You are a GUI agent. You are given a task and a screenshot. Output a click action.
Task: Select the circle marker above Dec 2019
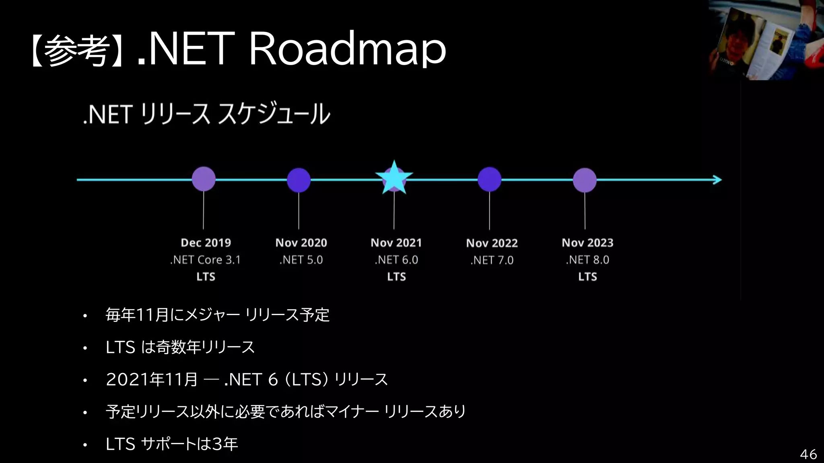point(204,179)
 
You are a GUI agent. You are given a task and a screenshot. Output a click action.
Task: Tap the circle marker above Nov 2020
point(299,180)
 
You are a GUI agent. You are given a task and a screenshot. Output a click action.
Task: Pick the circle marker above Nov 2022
point(489,179)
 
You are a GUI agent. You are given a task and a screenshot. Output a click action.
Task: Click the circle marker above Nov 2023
point(585,180)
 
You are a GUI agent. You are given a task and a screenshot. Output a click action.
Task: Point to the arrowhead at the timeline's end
point(718,180)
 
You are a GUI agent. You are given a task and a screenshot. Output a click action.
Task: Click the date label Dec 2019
point(206,243)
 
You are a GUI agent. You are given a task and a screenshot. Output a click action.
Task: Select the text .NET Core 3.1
point(205,260)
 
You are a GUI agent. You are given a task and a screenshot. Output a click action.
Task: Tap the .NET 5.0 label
point(301,260)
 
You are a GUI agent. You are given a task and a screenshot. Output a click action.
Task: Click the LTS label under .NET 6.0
point(396,277)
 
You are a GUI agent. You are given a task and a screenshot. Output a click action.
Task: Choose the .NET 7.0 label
point(492,260)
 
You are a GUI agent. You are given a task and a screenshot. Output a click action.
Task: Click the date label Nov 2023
point(587,243)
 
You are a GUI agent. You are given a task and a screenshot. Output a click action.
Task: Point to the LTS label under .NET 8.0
point(587,277)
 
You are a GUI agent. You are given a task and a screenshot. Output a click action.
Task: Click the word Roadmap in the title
point(348,49)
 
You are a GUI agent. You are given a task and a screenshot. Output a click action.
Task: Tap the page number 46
point(808,454)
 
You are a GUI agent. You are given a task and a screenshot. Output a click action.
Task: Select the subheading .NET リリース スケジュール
point(206,114)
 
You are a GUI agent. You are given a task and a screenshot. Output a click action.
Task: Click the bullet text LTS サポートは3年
point(172,444)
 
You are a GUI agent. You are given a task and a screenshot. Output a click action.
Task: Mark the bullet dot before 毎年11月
point(85,316)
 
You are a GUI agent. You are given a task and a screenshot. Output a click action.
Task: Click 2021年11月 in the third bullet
point(152,379)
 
